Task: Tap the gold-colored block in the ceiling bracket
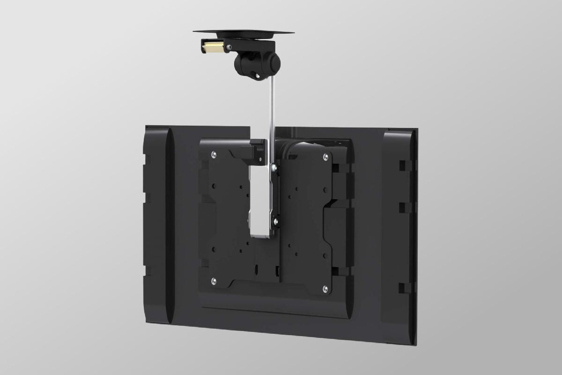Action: click(213, 47)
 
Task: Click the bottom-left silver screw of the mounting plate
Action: click(214, 280)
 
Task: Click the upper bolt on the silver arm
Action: click(275, 168)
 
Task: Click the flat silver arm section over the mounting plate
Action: click(262, 202)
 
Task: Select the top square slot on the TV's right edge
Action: click(402, 165)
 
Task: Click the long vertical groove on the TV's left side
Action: click(169, 225)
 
